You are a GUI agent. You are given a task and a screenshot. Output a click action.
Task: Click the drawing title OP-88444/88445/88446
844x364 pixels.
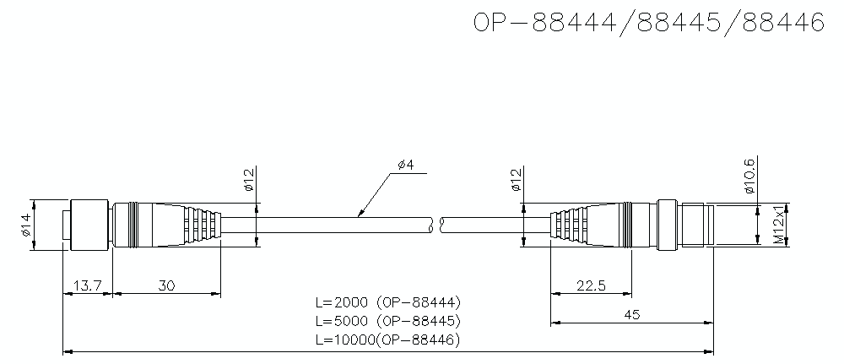(x=648, y=23)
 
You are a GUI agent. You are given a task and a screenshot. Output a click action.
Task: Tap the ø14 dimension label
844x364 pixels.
(x=24, y=225)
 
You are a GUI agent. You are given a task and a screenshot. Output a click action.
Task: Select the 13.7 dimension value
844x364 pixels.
(x=87, y=286)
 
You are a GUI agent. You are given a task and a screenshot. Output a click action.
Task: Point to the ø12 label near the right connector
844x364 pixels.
(x=516, y=180)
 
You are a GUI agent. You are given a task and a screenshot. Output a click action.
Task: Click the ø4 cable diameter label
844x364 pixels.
(x=404, y=164)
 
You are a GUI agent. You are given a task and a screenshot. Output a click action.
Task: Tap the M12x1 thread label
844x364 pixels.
(x=780, y=225)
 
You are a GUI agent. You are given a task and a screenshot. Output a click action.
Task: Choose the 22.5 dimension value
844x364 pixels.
(x=590, y=286)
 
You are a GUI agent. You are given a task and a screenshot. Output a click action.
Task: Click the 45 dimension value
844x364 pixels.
(x=631, y=314)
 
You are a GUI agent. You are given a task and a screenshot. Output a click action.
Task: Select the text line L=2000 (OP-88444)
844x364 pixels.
(x=387, y=302)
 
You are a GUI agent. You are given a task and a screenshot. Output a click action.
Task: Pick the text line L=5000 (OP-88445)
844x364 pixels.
(x=387, y=321)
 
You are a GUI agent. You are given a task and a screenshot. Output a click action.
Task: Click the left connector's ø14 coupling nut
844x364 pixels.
(x=89, y=225)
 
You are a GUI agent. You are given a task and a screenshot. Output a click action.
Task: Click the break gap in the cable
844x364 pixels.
(x=436, y=225)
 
